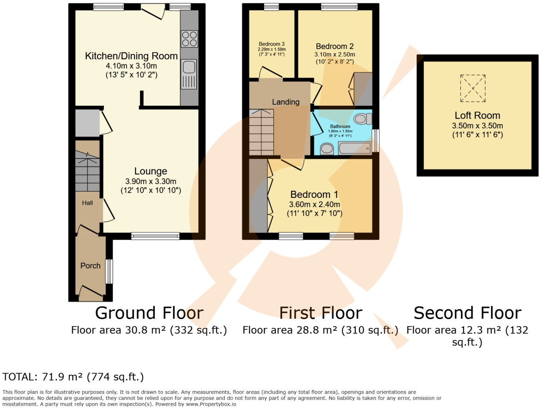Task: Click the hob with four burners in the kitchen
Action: (189, 39)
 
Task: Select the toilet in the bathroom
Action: (363, 119)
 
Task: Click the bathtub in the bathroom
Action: (355, 148)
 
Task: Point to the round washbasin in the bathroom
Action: (327, 149)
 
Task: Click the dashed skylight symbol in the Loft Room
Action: (473, 88)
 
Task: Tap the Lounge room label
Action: (151, 171)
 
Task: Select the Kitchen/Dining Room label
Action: (131, 56)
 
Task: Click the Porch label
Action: (91, 266)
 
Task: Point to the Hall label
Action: (87, 203)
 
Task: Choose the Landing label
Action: (286, 102)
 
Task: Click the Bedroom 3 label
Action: (272, 44)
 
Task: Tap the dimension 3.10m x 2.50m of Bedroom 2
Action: (334, 54)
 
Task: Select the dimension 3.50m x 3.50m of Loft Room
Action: (478, 125)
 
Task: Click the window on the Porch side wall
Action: (109, 271)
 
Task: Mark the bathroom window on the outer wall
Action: (376, 141)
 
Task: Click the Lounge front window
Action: (155, 236)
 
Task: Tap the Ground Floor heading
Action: (149, 313)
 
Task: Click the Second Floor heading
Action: (468, 313)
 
